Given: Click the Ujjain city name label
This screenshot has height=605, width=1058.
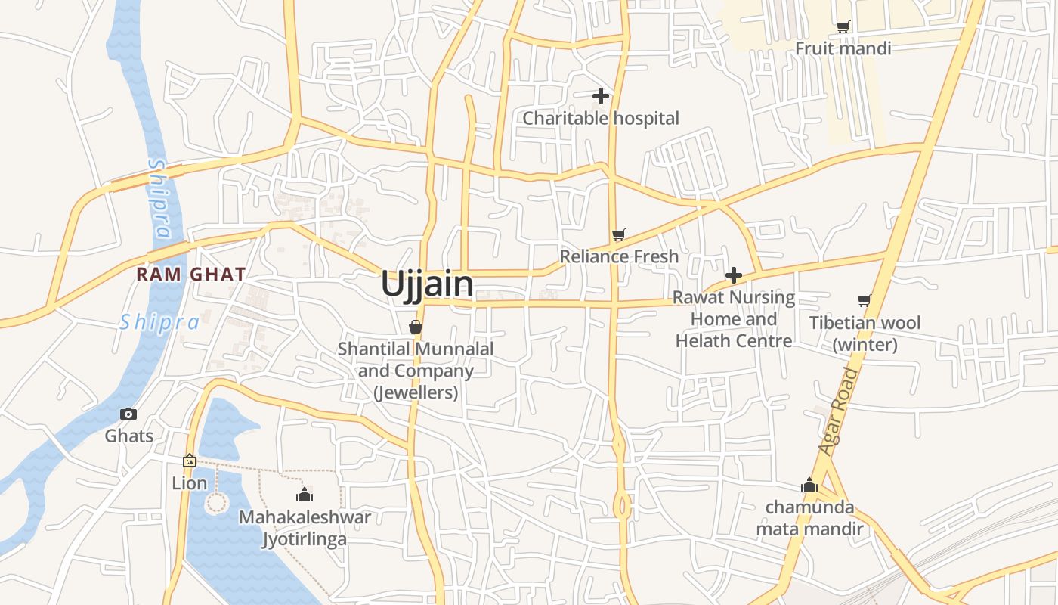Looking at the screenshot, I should [x=427, y=284].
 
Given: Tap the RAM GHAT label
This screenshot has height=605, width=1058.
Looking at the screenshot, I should [x=191, y=274].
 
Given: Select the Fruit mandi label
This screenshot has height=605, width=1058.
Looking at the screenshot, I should [x=843, y=48].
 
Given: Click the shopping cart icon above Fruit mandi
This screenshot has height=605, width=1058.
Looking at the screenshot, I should [x=843, y=27].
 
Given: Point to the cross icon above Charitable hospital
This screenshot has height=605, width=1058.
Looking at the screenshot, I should [x=601, y=96].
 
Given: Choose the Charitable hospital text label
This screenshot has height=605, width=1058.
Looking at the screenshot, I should [x=601, y=118].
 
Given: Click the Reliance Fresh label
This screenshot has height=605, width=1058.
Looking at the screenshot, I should [x=619, y=256].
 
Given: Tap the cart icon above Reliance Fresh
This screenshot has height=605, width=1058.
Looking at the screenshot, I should [x=619, y=235].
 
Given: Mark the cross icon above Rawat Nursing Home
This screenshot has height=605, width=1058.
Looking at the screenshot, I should [x=733, y=275].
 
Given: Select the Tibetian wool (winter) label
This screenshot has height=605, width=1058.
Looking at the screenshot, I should [x=865, y=334].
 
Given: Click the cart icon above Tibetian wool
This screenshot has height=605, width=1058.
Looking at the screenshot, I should [x=865, y=301].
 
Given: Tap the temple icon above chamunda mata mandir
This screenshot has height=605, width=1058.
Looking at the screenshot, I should [x=809, y=485].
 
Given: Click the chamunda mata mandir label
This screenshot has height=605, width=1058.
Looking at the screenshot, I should [x=809, y=517].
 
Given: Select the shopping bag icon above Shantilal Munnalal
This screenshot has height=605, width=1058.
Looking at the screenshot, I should [x=415, y=327].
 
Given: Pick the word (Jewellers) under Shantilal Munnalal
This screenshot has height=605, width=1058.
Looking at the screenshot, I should [x=416, y=392].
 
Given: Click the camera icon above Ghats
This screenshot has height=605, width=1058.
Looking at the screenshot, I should [x=128, y=414].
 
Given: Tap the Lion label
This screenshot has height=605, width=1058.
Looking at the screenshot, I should [x=189, y=482].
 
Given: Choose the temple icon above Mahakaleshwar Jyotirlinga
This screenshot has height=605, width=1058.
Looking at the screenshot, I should [x=305, y=495].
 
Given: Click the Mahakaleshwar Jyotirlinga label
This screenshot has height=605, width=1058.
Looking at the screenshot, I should [x=305, y=528].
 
